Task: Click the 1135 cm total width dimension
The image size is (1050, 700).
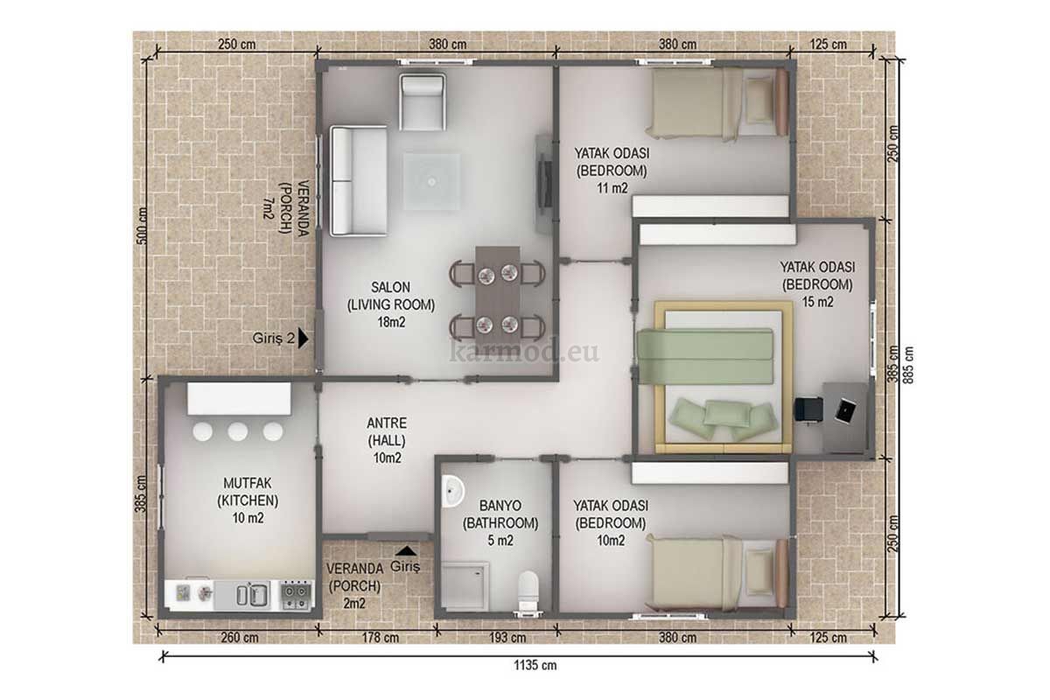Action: pyautogui.click(x=535, y=665)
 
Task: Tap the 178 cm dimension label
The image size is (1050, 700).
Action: pyautogui.click(x=380, y=638)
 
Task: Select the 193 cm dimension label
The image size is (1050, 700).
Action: pyautogui.click(x=507, y=638)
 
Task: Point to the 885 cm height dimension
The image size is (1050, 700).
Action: pyautogui.click(x=908, y=365)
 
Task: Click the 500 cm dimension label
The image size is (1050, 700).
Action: pyautogui.click(x=142, y=226)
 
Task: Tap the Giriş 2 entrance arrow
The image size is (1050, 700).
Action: pyautogui.click(x=304, y=338)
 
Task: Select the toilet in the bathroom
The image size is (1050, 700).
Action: pyautogui.click(x=528, y=591)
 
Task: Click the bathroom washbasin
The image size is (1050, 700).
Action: pyautogui.click(x=451, y=492)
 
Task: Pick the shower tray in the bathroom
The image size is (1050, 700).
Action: pyautogui.click(x=465, y=586)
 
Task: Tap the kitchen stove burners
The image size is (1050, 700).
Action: pyautogui.click(x=296, y=596)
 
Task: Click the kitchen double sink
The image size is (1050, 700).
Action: pyautogui.click(x=253, y=594)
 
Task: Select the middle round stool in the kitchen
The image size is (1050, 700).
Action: pyautogui.click(x=238, y=431)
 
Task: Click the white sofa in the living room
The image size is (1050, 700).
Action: pyautogui.click(x=359, y=180)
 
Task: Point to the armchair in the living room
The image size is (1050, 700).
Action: pyautogui.click(x=423, y=101)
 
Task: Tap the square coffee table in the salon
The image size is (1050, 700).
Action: pyautogui.click(x=431, y=181)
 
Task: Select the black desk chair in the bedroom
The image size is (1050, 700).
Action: pyautogui.click(x=809, y=410)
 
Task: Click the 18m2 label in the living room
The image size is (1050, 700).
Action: pyautogui.click(x=391, y=323)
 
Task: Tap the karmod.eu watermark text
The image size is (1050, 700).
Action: pyautogui.click(x=524, y=352)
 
